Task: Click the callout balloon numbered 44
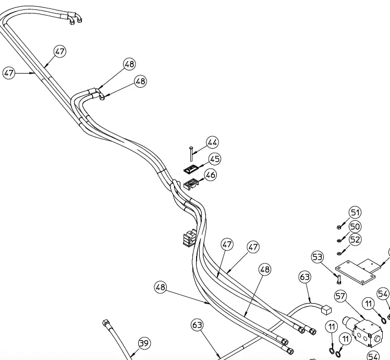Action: coord(212,142)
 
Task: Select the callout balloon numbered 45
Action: coord(215,159)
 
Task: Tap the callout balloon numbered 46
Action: coord(211,175)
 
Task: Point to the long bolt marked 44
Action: coord(191,154)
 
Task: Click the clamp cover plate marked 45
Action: coord(191,169)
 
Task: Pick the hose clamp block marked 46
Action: coord(191,184)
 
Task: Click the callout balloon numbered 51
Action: coord(355,212)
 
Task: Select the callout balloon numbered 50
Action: coord(355,226)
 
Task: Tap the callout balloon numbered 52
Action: coord(355,239)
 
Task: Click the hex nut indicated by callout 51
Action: coord(338,227)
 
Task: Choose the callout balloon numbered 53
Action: coord(318,257)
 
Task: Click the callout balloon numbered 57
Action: coord(340,296)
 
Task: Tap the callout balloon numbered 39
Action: coord(144,343)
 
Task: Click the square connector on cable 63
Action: coord(326,310)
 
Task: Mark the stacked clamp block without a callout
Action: coord(189,238)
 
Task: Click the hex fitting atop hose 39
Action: coord(105,323)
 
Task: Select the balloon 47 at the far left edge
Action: coord(9,73)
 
